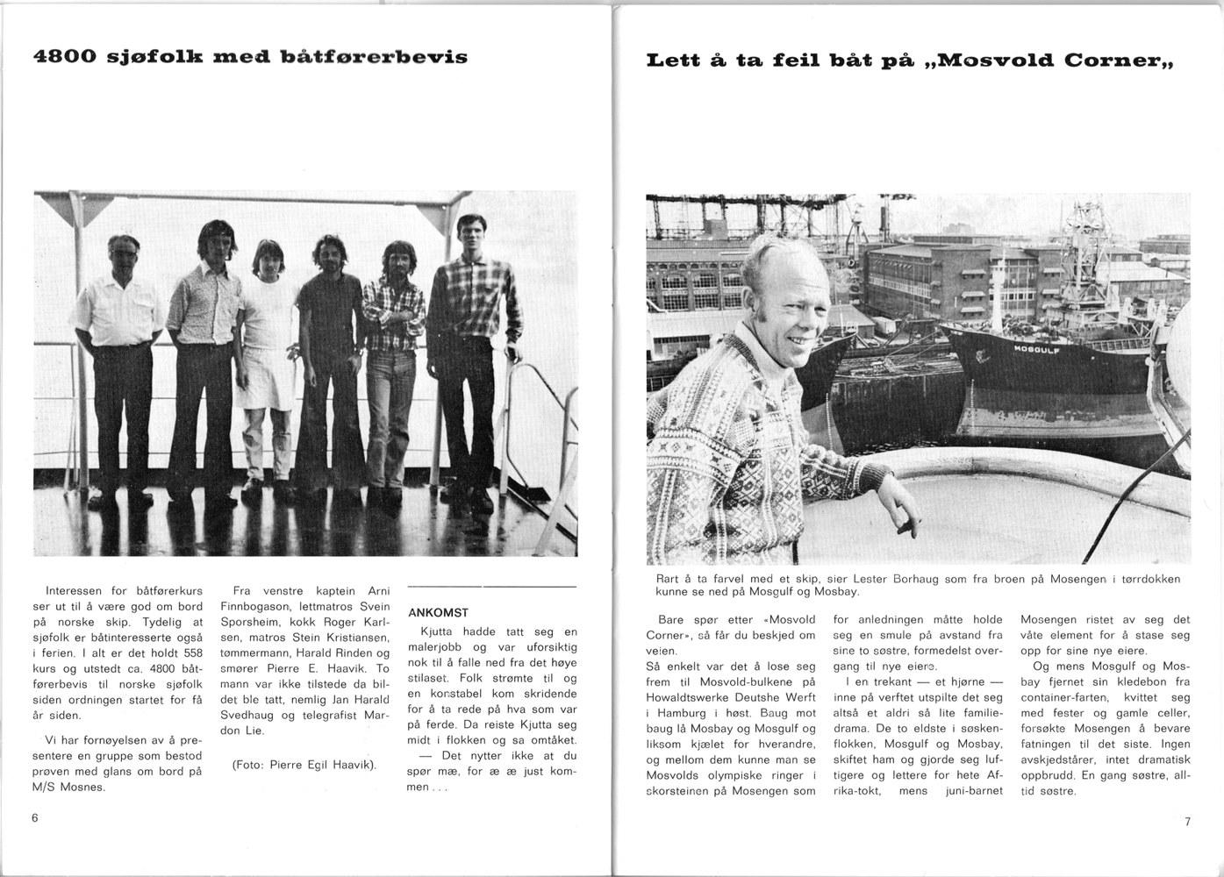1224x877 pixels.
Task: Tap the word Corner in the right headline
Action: point(1114,61)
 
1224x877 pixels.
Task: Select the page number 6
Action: point(34,817)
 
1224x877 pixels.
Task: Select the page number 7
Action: point(1187,822)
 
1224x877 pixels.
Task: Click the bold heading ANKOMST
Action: point(439,612)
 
